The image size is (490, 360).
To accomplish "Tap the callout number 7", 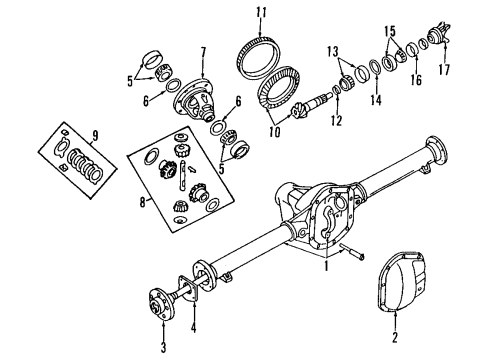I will point(203,51).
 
